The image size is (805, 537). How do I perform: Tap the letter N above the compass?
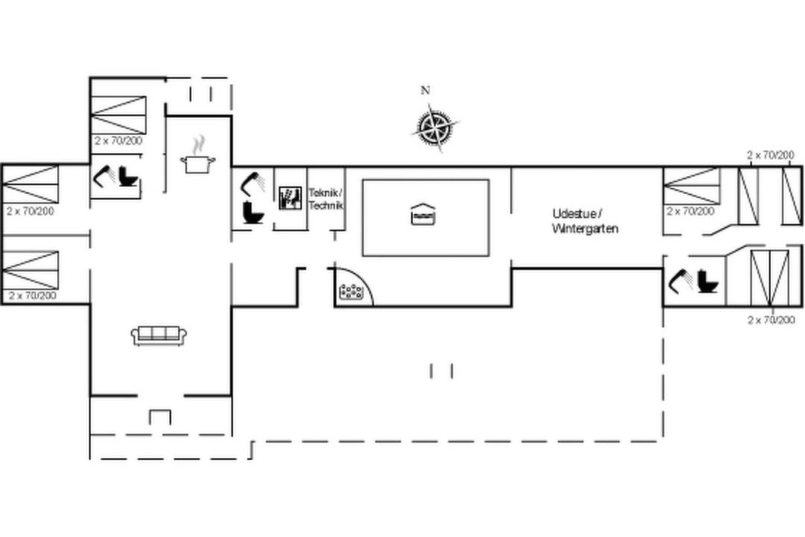click(425, 90)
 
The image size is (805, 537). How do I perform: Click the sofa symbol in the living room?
click(159, 336)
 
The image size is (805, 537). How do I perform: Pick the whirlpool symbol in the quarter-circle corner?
click(352, 292)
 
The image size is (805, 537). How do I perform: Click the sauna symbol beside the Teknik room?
click(291, 198)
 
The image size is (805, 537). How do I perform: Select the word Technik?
click(326, 204)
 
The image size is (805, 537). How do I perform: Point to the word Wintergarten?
click(585, 229)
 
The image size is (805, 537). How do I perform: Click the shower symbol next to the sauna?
click(253, 183)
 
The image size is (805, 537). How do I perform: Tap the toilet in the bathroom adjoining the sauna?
click(253, 213)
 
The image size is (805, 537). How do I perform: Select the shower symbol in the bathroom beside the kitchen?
click(104, 175)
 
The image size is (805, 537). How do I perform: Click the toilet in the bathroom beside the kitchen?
click(128, 176)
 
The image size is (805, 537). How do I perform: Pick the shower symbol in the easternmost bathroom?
click(681, 280)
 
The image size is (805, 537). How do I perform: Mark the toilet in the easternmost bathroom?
click(708, 282)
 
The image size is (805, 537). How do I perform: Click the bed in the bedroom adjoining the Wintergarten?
click(692, 186)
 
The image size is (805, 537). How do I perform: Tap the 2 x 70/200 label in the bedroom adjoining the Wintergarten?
click(690, 211)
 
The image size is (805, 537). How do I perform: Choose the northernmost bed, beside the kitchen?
click(119, 115)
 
